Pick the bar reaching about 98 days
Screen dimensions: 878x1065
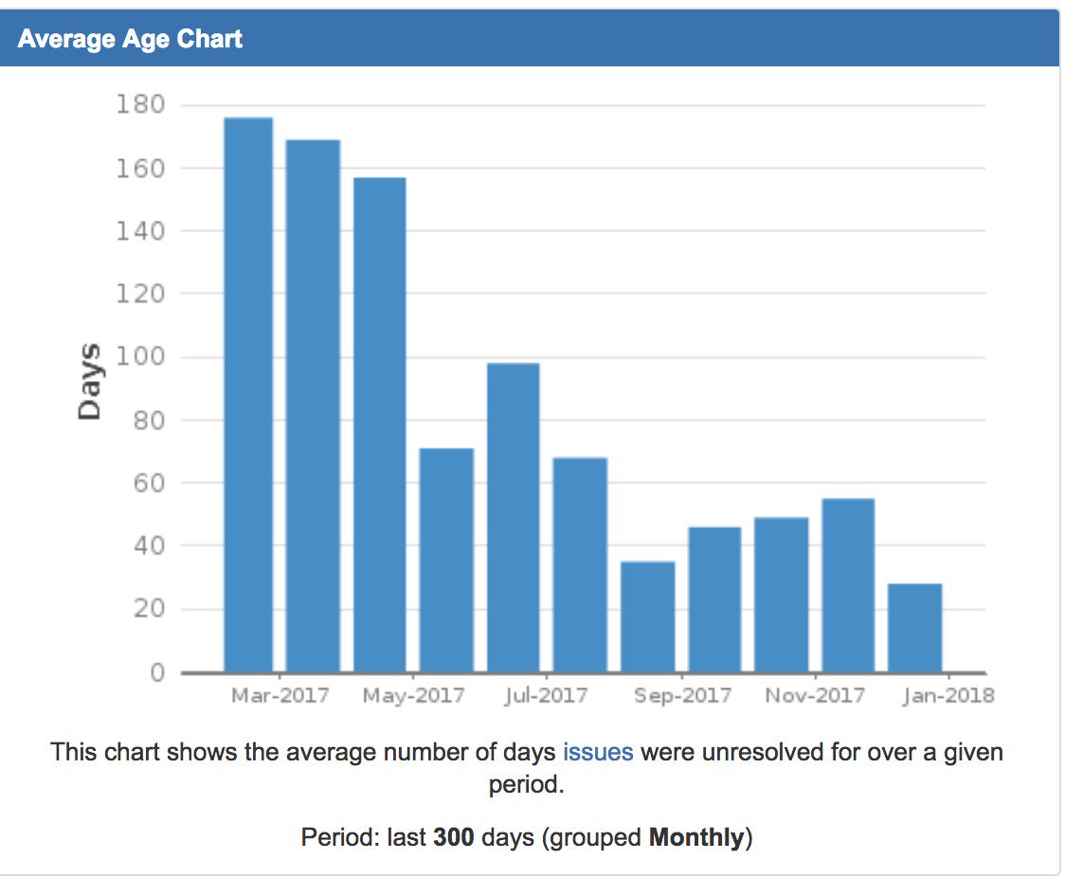click(514, 518)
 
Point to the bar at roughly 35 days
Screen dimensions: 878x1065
click(648, 616)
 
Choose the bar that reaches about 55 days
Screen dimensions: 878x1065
click(848, 585)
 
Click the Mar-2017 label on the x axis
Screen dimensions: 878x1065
click(280, 696)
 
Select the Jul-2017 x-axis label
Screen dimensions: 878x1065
click(547, 696)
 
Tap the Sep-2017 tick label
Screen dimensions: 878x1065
click(683, 696)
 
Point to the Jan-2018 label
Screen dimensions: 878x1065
click(948, 696)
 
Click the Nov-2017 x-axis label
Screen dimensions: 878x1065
click(816, 696)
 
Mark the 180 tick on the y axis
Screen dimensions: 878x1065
click(141, 105)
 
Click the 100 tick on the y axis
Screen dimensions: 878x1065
click(141, 357)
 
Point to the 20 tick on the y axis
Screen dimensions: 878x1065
click(147, 610)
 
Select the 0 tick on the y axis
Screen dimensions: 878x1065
click(155, 673)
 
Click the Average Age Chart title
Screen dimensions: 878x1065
click(130, 39)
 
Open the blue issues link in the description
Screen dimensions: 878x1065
click(598, 752)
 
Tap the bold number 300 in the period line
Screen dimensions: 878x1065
click(454, 837)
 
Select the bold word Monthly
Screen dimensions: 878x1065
click(696, 837)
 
